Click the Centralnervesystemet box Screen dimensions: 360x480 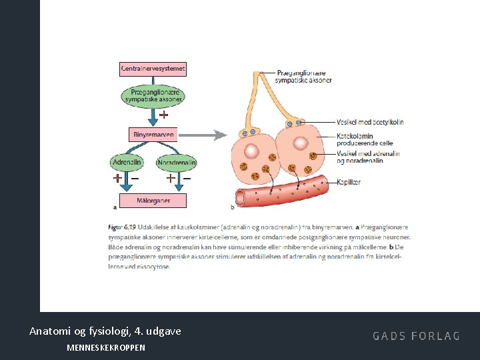coord(153,69)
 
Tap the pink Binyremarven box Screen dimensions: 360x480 coord(153,135)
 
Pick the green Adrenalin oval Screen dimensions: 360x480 coord(127,162)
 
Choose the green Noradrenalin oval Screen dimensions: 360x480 coord(177,162)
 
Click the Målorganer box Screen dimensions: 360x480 coord(153,200)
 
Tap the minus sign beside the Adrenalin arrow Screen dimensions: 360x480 coord(135,179)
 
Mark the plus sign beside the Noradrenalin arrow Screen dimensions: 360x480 coord(171,179)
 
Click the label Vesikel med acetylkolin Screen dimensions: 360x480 coord(370,122)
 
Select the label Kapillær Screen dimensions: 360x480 coord(349,181)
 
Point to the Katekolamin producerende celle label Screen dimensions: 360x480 coord(365,139)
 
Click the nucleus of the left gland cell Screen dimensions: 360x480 coord(253,149)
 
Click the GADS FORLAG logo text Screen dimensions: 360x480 coord(416,336)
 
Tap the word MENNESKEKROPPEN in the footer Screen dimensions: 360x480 coord(106,348)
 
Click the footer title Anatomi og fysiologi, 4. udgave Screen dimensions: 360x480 coord(105,331)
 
